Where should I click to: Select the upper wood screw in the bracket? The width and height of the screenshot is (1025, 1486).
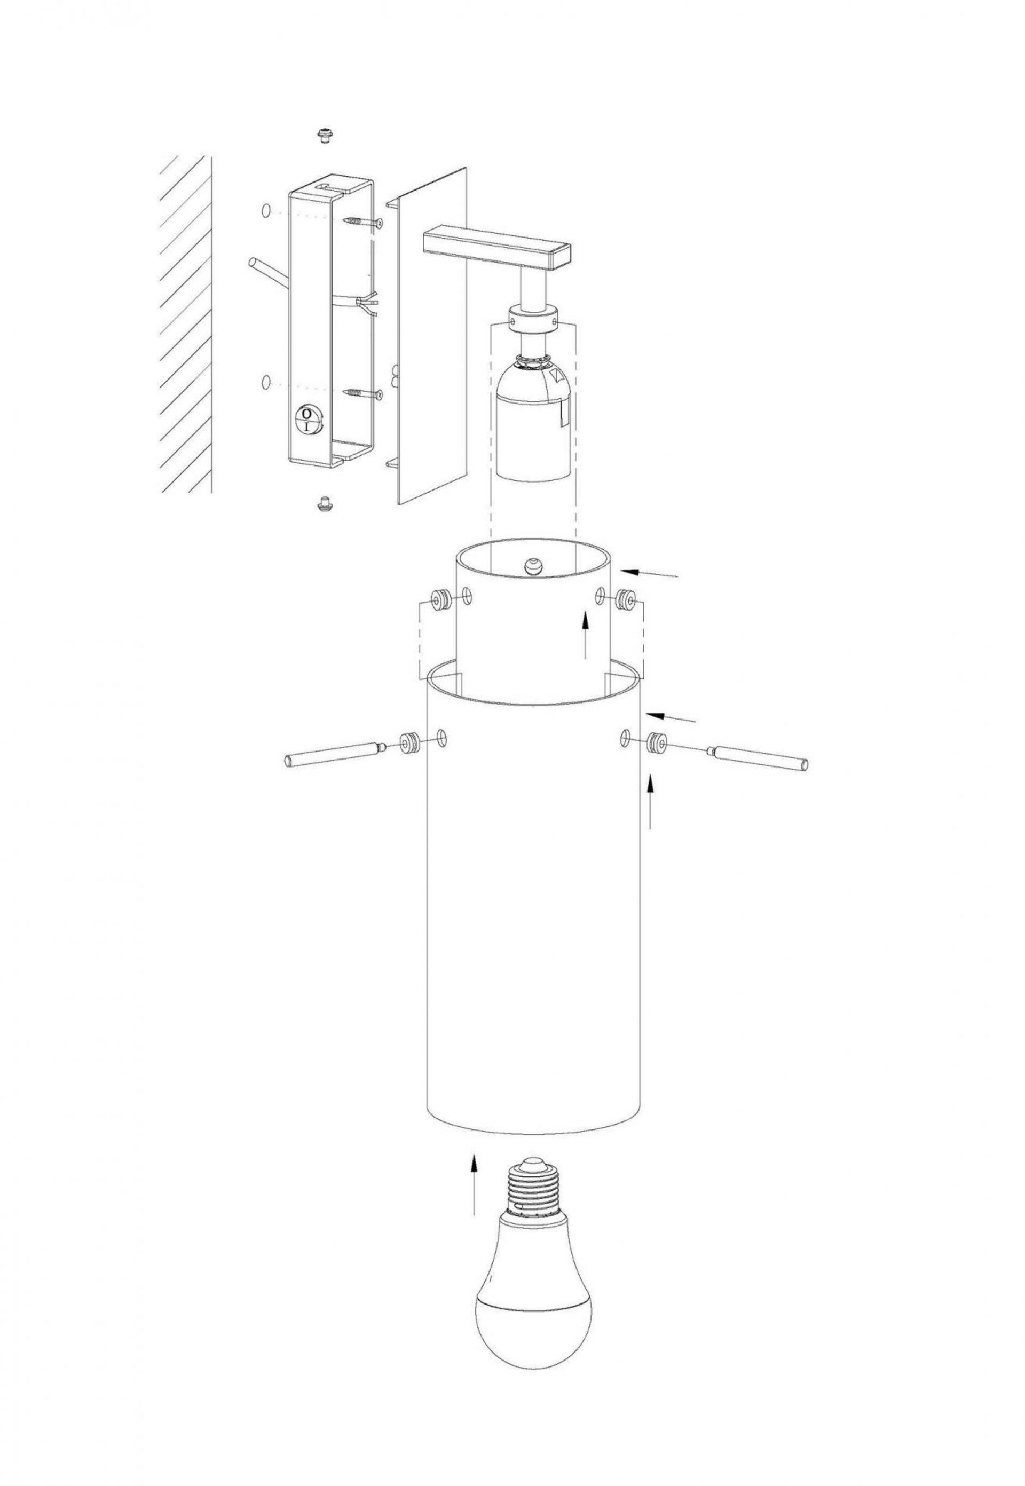tap(363, 222)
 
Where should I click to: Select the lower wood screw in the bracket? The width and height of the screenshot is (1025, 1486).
tap(363, 392)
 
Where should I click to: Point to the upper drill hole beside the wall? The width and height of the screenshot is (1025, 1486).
tap(266, 211)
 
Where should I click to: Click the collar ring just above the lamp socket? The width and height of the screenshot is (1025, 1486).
tap(532, 319)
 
